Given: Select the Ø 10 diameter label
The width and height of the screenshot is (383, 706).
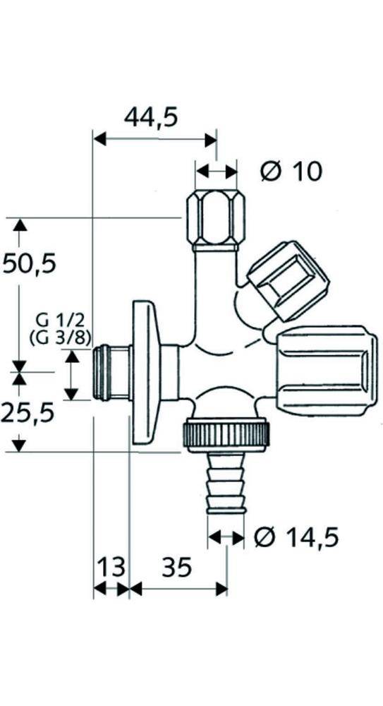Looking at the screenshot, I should click(x=290, y=171).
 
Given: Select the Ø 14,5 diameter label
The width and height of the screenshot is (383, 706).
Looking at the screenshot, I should click(x=296, y=538).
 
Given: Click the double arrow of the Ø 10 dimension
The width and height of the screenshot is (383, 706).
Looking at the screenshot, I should click(x=217, y=172).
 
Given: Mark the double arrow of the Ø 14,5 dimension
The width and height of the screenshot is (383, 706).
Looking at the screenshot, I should click(x=226, y=538).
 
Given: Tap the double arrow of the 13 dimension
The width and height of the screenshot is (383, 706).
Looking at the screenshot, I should click(x=111, y=588).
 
